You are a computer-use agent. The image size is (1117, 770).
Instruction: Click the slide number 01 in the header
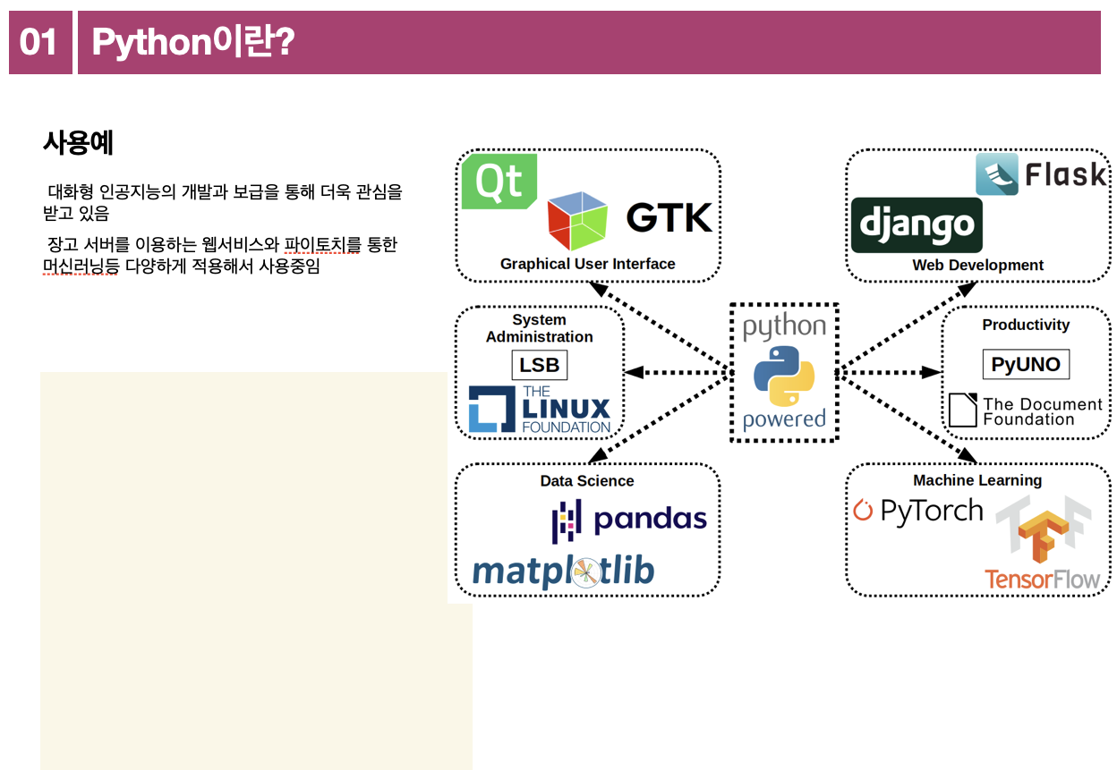(38, 42)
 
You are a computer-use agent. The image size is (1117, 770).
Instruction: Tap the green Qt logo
(499, 182)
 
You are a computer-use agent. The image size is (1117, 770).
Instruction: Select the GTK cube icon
(577, 220)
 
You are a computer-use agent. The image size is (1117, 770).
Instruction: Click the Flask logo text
(1065, 174)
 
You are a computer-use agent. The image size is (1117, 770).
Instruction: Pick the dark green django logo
(917, 225)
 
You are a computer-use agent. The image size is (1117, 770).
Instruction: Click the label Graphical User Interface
(587, 264)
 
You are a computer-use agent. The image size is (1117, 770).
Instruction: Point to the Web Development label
(977, 266)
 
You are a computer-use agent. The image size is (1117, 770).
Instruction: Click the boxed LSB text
(540, 365)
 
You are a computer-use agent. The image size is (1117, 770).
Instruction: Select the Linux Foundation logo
(540, 410)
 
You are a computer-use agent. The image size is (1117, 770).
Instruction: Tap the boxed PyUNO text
(1026, 364)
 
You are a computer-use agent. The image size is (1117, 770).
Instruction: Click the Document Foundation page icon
(962, 410)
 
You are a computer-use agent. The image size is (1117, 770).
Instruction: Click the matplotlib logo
(563, 571)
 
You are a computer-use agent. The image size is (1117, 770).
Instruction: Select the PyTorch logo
(918, 511)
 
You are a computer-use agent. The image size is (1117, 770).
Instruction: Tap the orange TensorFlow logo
(1043, 546)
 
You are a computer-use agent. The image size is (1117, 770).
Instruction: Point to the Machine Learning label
(977, 480)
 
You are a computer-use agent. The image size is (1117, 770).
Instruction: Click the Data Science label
(587, 481)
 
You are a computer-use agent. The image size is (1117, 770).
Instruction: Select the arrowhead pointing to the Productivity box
(934, 372)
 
